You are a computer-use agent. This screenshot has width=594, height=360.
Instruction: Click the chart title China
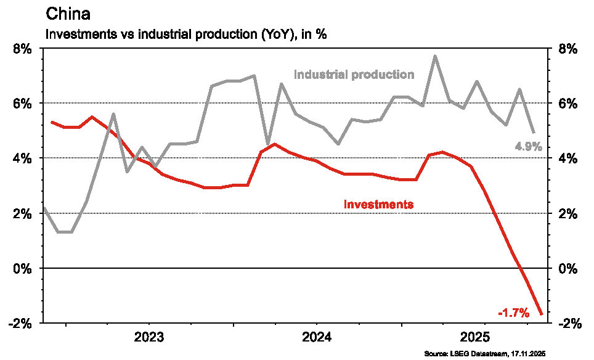pyautogui.click(x=67, y=14)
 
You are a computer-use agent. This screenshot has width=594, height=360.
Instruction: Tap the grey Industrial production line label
pyautogui.click(x=354, y=75)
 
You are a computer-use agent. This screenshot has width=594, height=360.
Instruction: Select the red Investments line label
pyautogui.click(x=378, y=203)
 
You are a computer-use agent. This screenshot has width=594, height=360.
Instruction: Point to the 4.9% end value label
pyautogui.click(x=528, y=147)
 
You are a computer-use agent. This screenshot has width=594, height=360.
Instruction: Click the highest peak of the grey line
pyautogui.click(x=435, y=56)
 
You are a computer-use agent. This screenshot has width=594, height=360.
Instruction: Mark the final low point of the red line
pyautogui.click(x=542, y=314)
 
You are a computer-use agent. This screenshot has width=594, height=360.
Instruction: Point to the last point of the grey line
pyautogui.click(x=533, y=133)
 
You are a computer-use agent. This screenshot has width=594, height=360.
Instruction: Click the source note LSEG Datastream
pyautogui.click(x=485, y=354)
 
